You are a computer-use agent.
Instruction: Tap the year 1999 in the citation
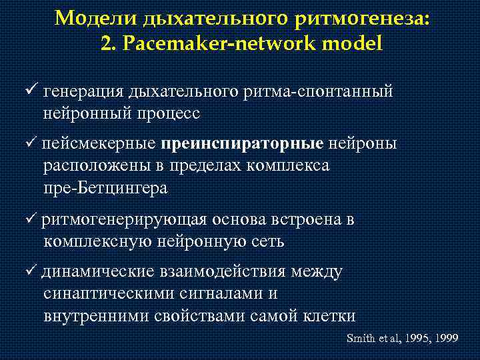tap(444, 338)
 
